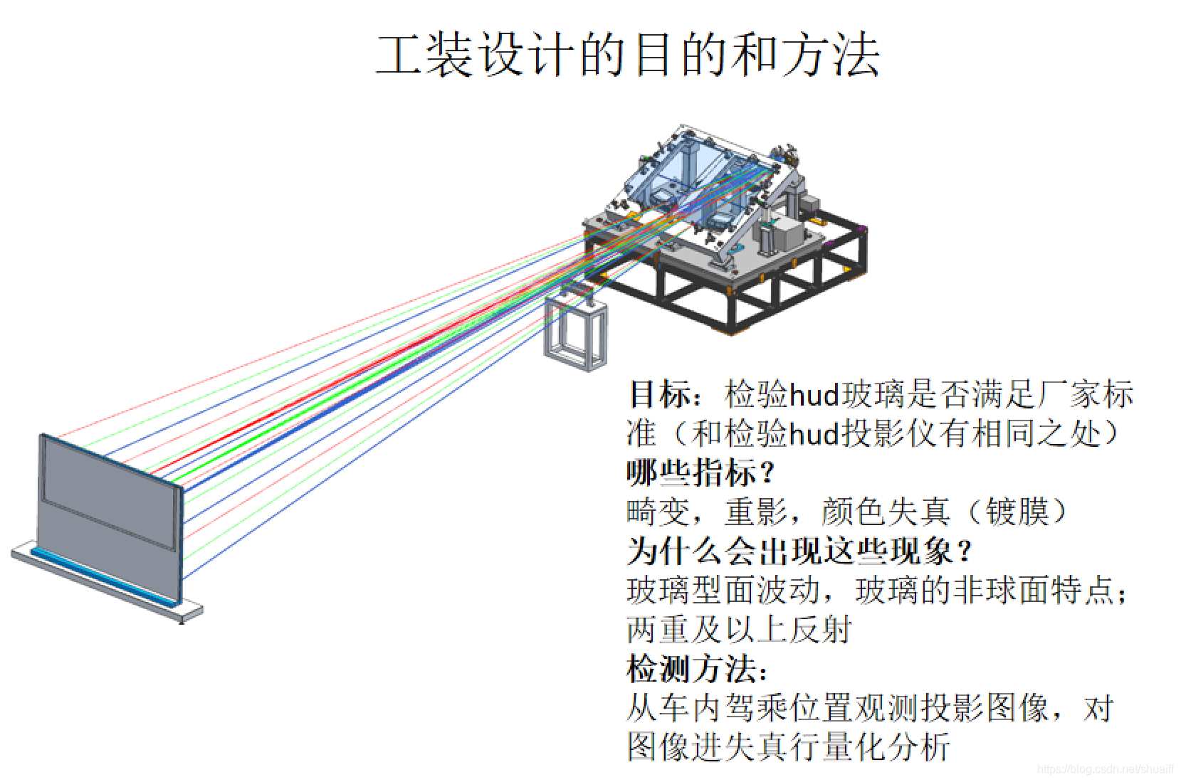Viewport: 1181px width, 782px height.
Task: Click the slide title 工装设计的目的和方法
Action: coord(627,55)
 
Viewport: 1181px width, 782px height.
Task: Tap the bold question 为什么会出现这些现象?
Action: coord(799,550)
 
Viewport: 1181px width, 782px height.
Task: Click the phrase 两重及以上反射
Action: coord(739,629)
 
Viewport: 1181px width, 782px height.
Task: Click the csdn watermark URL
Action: coord(1105,769)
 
